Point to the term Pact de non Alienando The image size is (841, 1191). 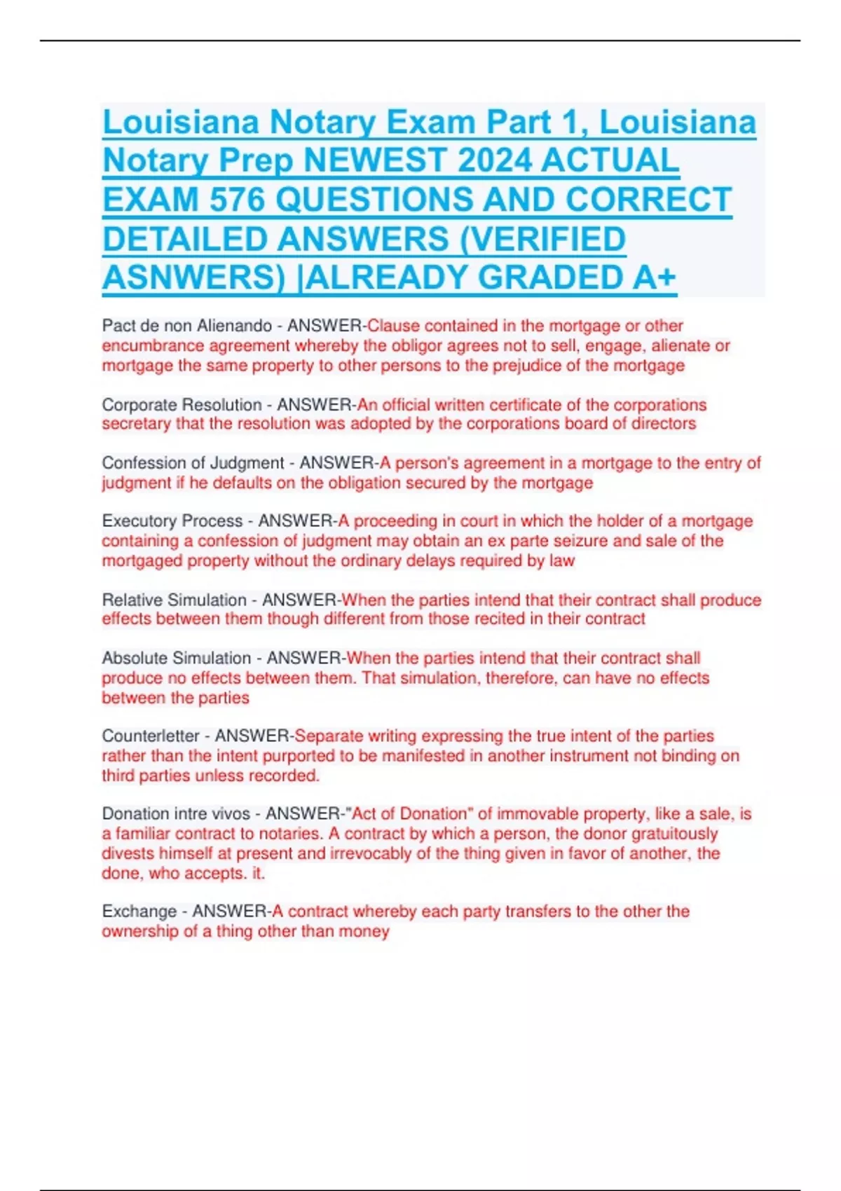(x=186, y=326)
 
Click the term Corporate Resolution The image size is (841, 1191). (x=182, y=405)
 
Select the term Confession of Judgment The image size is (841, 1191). (x=193, y=463)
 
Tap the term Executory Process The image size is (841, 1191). (x=172, y=521)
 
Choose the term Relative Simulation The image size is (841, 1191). (x=174, y=600)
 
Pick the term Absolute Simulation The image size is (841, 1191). (x=176, y=659)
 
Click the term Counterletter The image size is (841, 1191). (x=151, y=736)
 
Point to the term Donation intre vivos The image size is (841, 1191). (x=176, y=814)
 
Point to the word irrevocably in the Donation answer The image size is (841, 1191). (x=374, y=853)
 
